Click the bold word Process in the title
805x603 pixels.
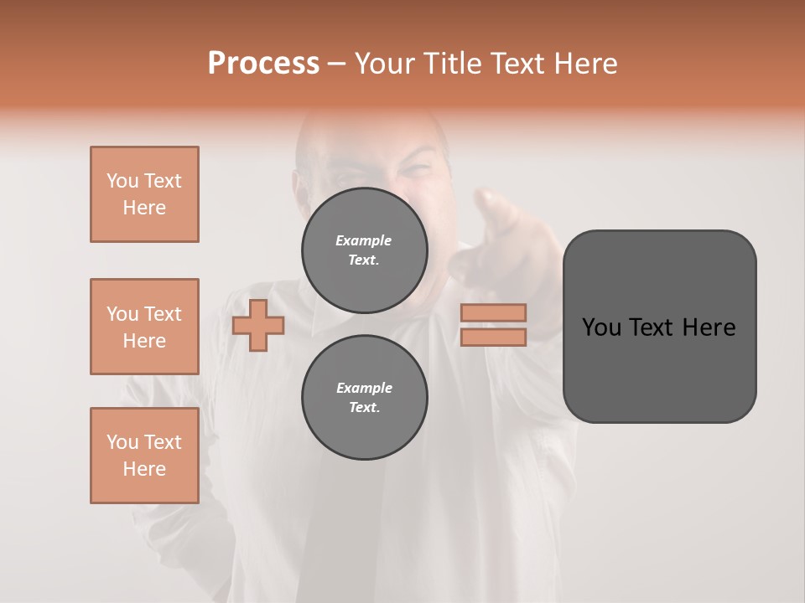point(263,64)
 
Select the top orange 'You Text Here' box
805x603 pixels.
point(144,194)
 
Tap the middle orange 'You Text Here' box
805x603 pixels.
point(144,327)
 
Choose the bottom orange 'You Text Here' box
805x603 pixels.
point(144,456)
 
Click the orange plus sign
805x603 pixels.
point(257,325)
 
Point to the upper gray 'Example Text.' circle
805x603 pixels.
point(365,250)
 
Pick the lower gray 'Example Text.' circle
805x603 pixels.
point(365,398)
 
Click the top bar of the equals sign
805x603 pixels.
point(493,312)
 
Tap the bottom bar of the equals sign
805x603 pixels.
point(493,337)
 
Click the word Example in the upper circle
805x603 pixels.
point(364,240)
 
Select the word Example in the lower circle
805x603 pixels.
point(364,388)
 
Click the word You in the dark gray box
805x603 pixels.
point(601,327)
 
